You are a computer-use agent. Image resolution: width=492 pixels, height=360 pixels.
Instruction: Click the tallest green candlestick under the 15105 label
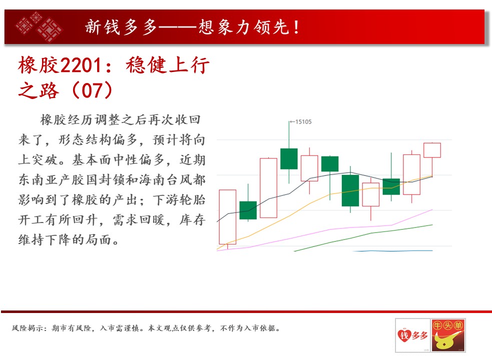tap(289, 158)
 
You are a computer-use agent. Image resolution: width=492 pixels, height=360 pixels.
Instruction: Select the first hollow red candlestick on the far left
tap(228, 217)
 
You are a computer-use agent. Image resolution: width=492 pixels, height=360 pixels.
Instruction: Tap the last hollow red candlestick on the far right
tap(432, 150)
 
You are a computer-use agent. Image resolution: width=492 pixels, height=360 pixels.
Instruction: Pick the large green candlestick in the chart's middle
tap(350, 190)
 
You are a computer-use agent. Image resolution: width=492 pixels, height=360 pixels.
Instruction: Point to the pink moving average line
tap(325, 230)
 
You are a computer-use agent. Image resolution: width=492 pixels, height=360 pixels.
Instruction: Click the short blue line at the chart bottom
tap(393, 251)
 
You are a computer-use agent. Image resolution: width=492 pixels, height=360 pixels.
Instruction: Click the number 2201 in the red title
tap(81, 65)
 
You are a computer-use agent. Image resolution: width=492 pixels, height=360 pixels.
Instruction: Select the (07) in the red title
tap(92, 90)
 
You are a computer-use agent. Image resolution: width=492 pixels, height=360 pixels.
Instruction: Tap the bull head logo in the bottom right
tap(448, 335)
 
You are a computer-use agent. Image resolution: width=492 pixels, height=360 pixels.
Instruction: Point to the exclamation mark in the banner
tap(296, 27)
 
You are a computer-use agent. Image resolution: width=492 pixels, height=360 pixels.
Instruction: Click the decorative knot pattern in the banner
tap(39, 26)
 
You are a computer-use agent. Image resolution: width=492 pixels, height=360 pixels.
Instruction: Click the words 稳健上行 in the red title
tap(168, 65)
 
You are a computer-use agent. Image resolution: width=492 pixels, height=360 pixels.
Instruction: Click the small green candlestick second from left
tap(248, 209)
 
